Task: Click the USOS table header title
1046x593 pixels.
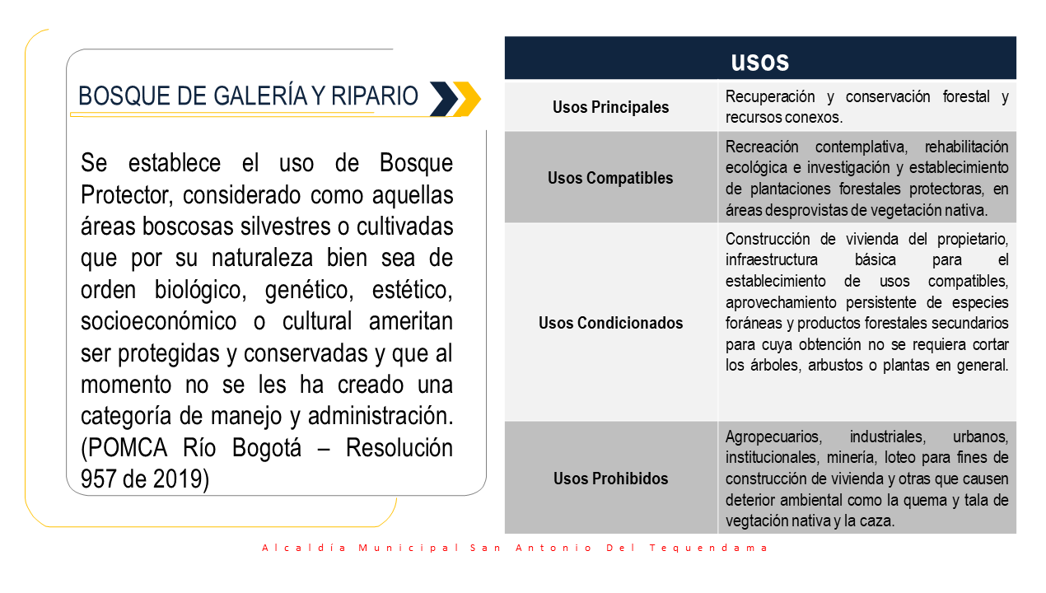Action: pyautogui.click(x=759, y=62)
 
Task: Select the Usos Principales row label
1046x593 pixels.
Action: pyautogui.click(x=611, y=107)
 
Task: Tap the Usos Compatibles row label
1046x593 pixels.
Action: pyautogui.click(x=610, y=178)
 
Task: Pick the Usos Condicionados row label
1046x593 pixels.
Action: pyautogui.click(x=611, y=323)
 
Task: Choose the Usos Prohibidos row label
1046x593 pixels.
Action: pyautogui.click(x=611, y=479)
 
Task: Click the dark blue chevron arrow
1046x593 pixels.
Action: pyautogui.click(x=444, y=99)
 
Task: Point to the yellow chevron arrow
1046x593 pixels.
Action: pyautogui.click(x=468, y=99)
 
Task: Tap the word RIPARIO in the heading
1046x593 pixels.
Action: pyautogui.click(x=375, y=96)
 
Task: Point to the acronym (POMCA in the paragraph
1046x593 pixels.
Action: pyautogui.click(x=124, y=448)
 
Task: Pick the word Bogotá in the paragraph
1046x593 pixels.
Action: pyautogui.click(x=267, y=448)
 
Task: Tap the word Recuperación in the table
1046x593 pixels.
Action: pyautogui.click(x=770, y=97)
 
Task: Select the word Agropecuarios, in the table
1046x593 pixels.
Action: pyautogui.click(x=773, y=437)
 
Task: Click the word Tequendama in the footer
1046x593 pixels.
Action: pyautogui.click(x=708, y=548)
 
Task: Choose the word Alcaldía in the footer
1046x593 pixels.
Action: pyautogui.click(x=304, y=548)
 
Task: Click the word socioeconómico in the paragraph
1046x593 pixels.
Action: pyautogui.click(x=158, y=322)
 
